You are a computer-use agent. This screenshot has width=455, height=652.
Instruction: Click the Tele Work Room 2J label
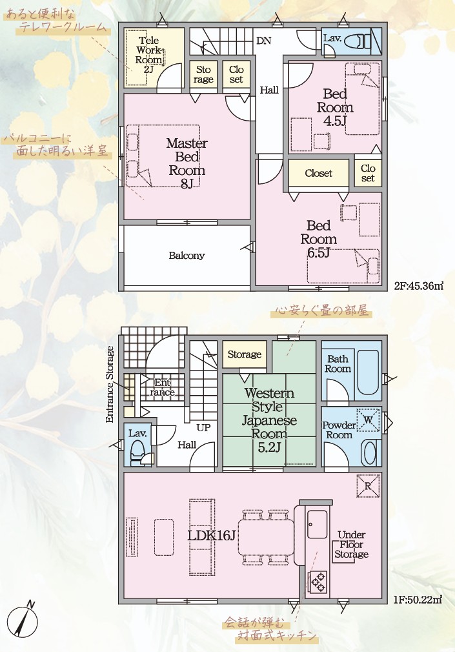148,55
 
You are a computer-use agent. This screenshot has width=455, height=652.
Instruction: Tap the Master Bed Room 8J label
187,163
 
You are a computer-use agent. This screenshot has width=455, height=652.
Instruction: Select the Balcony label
187,255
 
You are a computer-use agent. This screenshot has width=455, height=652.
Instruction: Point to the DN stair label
264,40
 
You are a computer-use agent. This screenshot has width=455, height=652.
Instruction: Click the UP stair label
203,427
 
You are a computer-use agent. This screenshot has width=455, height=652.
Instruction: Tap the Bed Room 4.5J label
335,107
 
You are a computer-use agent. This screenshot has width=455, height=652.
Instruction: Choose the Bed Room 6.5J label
319,239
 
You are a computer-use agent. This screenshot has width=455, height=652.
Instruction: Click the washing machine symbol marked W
368,420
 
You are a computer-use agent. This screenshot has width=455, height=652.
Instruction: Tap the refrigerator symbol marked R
368,485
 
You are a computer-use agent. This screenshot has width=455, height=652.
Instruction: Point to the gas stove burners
318,582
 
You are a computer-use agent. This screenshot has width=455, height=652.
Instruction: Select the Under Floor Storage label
352,544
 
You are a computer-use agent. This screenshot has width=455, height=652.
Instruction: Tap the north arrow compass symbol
23,620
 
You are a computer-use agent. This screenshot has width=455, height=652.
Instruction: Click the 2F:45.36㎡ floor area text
418,286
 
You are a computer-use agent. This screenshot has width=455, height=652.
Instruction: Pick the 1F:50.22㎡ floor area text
418,600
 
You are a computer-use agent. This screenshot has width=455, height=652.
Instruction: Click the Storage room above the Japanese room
245,354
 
